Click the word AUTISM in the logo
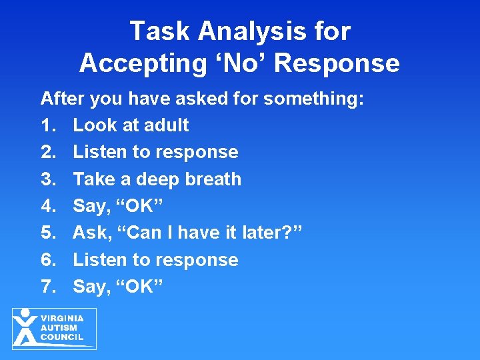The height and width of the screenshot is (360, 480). pos(59,328)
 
